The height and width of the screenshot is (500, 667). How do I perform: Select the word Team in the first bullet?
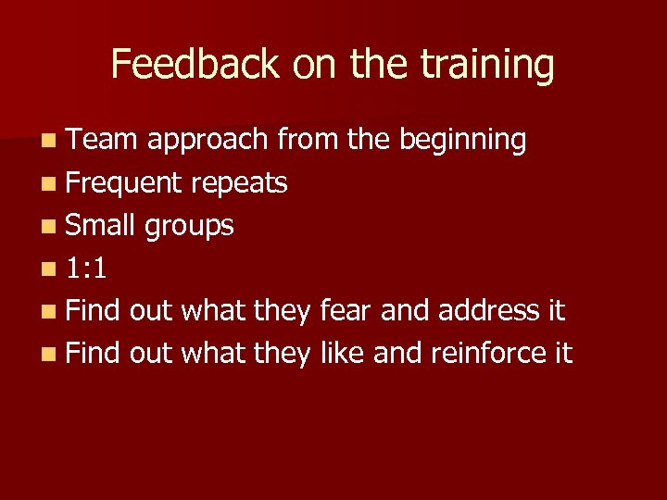pyautogui.click(x=102, y=140)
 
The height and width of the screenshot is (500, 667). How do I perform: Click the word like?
pyautogui.click(x=345, y=353)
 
